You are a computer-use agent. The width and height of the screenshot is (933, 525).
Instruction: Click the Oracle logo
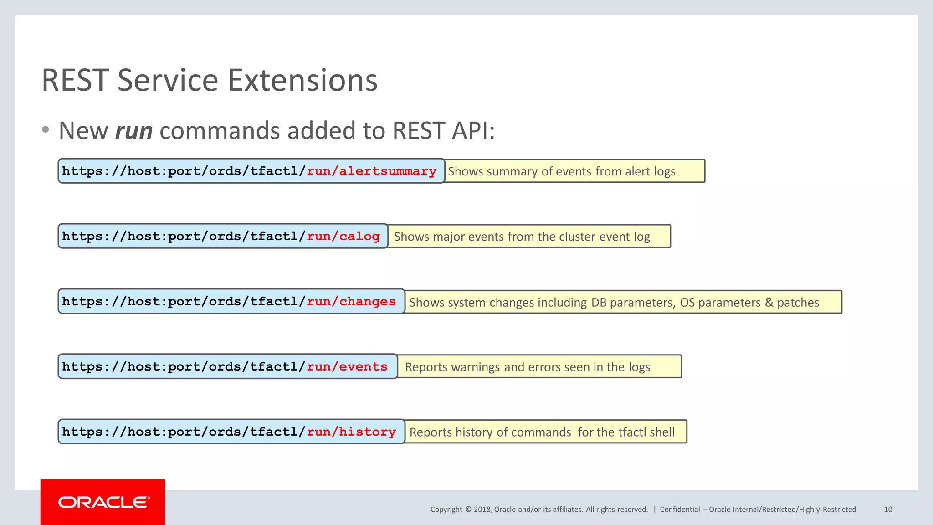103,502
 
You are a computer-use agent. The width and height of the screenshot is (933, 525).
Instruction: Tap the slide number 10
888,510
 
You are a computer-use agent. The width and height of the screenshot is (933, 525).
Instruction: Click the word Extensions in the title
302,81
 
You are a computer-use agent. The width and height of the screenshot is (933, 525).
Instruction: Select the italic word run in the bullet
133,131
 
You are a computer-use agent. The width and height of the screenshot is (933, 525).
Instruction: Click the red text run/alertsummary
371,171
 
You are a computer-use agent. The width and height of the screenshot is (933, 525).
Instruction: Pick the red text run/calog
343,237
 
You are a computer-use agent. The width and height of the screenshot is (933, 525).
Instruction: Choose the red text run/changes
351,302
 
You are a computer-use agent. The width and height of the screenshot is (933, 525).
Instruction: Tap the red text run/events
347,367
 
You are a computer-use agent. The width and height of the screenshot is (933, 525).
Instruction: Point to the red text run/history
351,432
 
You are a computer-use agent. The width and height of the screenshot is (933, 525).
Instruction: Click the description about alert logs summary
561,171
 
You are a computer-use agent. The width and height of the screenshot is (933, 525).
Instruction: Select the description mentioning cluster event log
522,237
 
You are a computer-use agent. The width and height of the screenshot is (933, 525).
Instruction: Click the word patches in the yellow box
798,303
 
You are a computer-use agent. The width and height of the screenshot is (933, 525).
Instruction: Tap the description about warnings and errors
527,367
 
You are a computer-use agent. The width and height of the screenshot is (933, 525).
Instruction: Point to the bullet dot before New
45,130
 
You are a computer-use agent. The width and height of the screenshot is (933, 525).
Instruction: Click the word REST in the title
75,81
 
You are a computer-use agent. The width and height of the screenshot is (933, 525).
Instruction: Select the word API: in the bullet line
473,131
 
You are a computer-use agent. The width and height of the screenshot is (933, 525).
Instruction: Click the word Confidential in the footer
680,510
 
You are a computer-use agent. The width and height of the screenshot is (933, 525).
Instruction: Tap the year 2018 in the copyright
482,510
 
